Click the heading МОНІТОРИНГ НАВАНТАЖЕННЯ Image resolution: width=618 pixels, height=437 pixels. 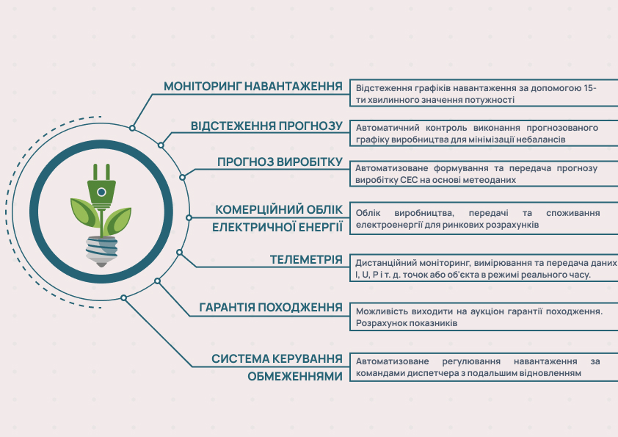point(253,87)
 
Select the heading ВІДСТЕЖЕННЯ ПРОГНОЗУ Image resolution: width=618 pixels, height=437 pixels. point(267,126)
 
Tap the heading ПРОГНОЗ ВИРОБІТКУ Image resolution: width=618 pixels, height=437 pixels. point(280,162)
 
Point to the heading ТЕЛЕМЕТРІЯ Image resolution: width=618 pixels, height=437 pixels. point(306,259)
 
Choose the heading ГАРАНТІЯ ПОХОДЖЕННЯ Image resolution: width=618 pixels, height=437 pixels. point(271,307)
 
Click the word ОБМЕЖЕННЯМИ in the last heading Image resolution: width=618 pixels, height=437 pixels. point(295,376)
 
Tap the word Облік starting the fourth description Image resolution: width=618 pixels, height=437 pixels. point(368,213)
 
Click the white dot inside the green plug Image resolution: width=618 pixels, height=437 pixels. point(101,192)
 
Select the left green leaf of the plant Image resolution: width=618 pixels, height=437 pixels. point(84,212)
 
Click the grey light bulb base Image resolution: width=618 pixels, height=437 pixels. point(102,251)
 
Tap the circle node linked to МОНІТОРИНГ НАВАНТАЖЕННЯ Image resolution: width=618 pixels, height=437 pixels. point(132,129)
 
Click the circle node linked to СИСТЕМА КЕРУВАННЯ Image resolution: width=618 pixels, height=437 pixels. point(124,297)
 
